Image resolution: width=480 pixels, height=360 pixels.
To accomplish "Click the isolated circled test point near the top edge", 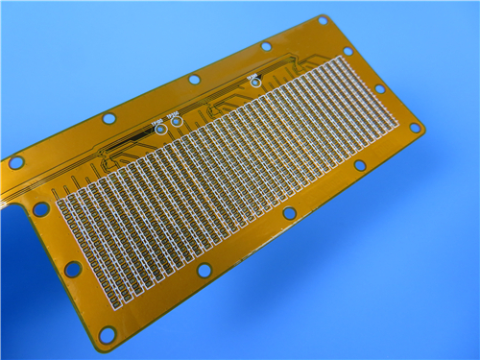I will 255,82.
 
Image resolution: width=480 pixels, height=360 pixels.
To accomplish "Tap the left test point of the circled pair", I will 159,127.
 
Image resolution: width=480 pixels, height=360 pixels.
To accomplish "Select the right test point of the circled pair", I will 176,122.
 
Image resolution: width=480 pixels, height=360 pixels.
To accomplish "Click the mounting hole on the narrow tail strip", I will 15,162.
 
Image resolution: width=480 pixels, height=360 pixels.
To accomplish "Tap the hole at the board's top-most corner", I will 323,21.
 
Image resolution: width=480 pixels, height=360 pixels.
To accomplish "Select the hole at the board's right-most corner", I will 415,127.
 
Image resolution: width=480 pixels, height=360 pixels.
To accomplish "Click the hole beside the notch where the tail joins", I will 41,208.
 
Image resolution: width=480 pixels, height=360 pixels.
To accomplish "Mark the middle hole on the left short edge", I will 72,270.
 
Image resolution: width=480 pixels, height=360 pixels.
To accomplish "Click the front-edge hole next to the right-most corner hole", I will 359,165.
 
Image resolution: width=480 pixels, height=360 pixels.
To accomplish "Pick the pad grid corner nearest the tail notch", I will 60,203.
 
